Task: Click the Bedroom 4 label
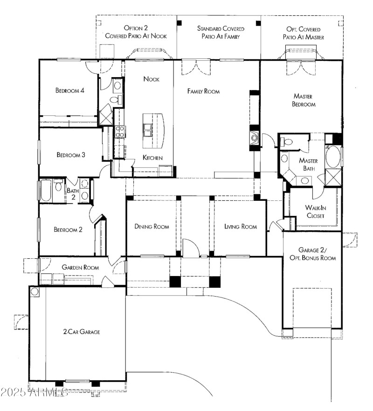tap(69, 91)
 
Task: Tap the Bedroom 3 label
tap(70, 155)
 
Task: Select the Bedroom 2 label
tap(68, 229)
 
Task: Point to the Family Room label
tap(203, 92)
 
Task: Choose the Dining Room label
tap(152, 227)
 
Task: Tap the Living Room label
tap(241, 227)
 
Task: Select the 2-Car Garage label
tap(82, 332)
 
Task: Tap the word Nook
tap(151, 79)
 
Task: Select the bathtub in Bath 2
tap(46, 191)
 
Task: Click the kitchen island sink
tap(148, 129)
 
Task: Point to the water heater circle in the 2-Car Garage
tap(35, 292)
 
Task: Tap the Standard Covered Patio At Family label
tap(221, 32)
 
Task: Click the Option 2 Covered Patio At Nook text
tap(136, 32)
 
